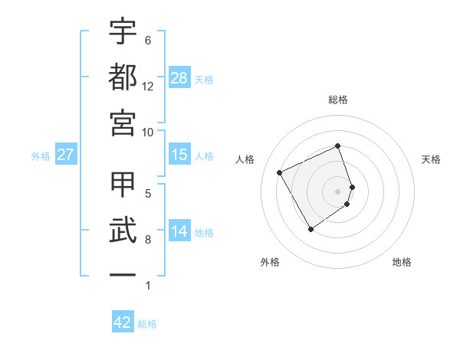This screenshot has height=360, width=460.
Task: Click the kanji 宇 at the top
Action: (x=123, y=32)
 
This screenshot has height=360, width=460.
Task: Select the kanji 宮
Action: (x=123, y=122)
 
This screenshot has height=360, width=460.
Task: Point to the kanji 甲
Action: (x=123, y=185)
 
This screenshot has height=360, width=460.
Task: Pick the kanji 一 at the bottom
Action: (x=123, y=274)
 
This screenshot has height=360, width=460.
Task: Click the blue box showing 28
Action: (x=179, y=78)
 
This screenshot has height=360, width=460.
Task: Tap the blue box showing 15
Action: (x=179, y=155)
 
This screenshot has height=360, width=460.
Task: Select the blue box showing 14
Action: (x=179, y=231)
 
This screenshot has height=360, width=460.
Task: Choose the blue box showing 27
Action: (x=65, y=155)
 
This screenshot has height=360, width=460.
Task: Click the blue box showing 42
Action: (x=123, y=322)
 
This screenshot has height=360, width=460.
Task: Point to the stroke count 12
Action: (x=148, y=87)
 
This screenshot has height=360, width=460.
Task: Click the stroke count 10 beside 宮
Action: (x=148, y=132)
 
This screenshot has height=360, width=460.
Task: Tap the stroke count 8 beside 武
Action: (x=148, y=240)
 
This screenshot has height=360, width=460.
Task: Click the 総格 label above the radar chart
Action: (x=338, y=100)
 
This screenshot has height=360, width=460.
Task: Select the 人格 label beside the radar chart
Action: (x=245, y=159)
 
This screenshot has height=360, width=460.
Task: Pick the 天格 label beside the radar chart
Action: (x=431, y=159)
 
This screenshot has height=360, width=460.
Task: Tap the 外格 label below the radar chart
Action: (x=270, y=263)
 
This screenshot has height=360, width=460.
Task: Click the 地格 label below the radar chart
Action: (x=402, y=263)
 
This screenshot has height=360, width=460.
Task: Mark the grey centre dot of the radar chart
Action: (x=338, y=191)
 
